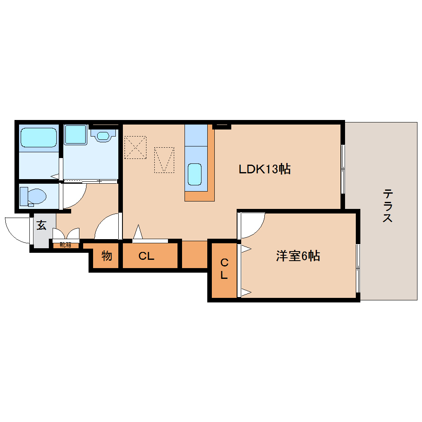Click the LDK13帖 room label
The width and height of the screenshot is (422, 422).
pyautogui.click(x=264, y=169)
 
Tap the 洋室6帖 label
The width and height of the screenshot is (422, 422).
pyautogui.click(x=298, y=256)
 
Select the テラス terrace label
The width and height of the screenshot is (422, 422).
pyautogui.click(x=387, y=206)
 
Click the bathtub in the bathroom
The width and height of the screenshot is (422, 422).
pyautogui.click(x=38, y=137)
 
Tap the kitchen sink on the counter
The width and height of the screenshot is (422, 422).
pyautogui.click(x=194, y=174)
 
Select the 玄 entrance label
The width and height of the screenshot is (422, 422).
pyautogui.click(x=41, y=225)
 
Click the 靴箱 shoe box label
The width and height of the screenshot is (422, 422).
pyautogui.click(x=65, y=245)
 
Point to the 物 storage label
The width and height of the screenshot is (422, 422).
pyautogui.click(x=107, y=256)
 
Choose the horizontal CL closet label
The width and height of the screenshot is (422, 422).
pyautogui.click(x=146, y=256)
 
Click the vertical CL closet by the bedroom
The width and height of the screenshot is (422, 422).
pyautogui.click(x=224, y=269)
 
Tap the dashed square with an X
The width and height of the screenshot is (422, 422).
pyautogui.click(x=136, y=147)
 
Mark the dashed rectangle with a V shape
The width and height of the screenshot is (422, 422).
pyautogui.click(x=164, y=160)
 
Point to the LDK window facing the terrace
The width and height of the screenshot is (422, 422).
pyautogui.click(x=343, y=169)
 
